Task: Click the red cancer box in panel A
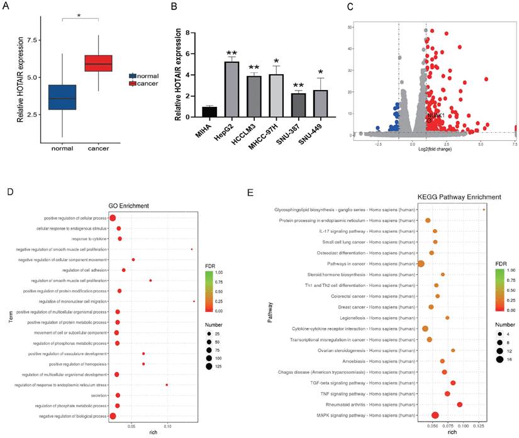point(98,63)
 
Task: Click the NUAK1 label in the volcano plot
point(437,116)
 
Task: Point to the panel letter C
point(349,9)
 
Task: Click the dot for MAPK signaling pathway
point(435,415)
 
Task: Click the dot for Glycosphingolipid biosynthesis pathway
point(484,210)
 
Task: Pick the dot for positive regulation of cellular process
point(113,218)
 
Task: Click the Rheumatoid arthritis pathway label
point(379,405)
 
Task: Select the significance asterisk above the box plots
point(79,13)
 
